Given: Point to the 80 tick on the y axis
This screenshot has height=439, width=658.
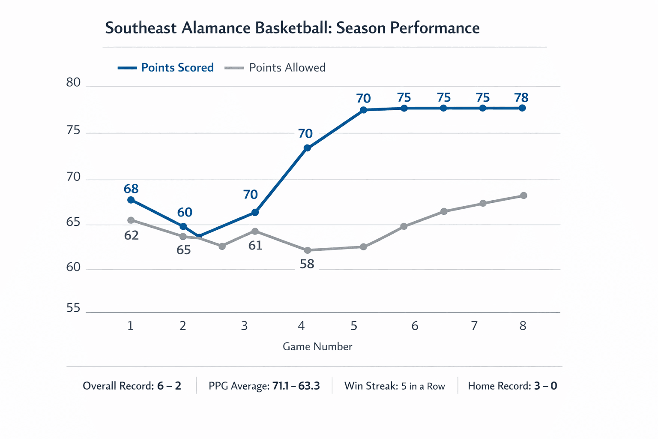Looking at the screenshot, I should click(73, 82).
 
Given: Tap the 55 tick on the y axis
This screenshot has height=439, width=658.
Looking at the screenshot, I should click(73, 308).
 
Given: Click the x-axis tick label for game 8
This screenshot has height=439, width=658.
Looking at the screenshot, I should click(523, 326).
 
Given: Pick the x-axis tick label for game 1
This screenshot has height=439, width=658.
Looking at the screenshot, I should click(130, 326).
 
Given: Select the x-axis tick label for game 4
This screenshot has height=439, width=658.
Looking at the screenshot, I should click(301, 326).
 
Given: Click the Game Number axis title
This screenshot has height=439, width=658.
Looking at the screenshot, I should click(317, 346).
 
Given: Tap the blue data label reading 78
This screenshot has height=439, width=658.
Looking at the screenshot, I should click(521, 98).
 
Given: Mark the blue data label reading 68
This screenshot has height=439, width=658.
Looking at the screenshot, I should click(131, 189).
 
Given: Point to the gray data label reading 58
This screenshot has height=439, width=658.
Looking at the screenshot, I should click(307, 264).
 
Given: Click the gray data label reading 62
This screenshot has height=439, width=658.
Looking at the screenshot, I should click(132, 235).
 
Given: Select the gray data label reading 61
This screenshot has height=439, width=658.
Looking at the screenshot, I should click(255, 246).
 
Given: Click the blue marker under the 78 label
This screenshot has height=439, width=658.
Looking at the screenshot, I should click(522, 108).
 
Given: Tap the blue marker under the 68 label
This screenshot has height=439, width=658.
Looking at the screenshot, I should click(131, 200).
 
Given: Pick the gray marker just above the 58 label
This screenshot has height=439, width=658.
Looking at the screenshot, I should click(307, 250).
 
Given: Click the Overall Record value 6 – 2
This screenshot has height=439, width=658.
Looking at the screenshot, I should click(169, 386).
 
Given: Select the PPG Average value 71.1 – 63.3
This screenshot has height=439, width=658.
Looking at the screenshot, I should click(296, 386).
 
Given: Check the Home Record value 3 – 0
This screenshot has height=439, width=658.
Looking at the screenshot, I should click(545, 386).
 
